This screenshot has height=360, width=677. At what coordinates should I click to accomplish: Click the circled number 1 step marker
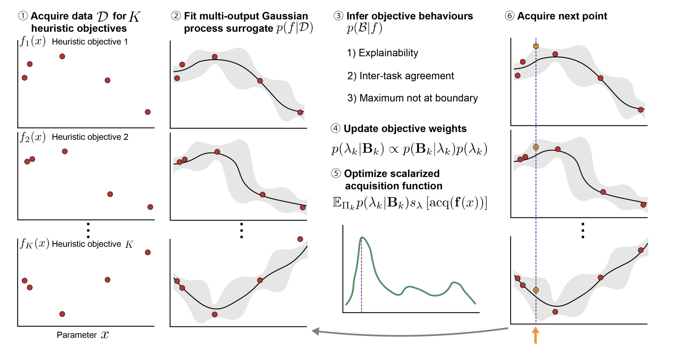23,16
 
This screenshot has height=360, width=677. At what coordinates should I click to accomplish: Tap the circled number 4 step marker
335,128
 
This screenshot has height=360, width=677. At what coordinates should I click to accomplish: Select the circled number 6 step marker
509,16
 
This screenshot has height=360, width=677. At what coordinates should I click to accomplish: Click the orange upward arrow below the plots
536,335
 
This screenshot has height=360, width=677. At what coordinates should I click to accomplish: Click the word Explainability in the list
388,53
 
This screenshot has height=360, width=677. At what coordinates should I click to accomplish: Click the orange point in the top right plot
536,46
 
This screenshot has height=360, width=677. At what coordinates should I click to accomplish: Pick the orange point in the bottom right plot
536,290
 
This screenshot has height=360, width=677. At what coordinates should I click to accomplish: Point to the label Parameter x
83,335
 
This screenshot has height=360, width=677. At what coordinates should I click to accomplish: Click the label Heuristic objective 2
90,137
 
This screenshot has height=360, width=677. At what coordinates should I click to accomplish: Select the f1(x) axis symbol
33,41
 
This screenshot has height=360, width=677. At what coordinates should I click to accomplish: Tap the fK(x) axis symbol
34,243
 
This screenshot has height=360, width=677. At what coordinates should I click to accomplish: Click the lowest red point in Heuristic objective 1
148,112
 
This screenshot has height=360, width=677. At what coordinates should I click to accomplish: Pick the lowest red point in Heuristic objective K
62,314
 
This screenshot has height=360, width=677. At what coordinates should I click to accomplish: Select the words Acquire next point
562,16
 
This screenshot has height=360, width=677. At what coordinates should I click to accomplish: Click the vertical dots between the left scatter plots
88,230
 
